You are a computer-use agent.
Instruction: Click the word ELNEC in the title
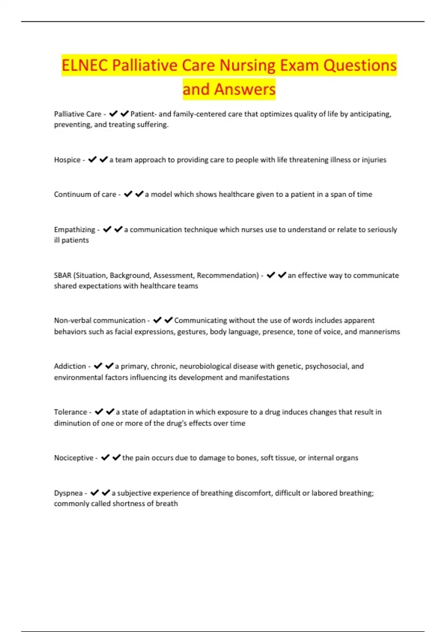click(x=85, y=65)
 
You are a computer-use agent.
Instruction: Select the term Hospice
click(x=67, y=160)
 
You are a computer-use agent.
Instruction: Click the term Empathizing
click(x=74, y=230)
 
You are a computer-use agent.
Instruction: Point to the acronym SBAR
click(x=62, y=275)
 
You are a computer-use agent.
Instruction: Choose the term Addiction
click(x=70, y=366)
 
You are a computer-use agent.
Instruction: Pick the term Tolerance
click(x=70, y=412)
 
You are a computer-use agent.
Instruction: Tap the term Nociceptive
click(x=74, y=458)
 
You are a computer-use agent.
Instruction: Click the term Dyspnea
click(x=68, y=493)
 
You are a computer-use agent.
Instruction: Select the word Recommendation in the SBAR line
click(x=227, y=275)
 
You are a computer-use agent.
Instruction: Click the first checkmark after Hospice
click(x=92, y=159)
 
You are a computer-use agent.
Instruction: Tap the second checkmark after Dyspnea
click(x=106, y=493)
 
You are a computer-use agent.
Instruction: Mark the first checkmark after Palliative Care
click(x=113, y=114)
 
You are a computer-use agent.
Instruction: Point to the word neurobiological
click(x=206, y=366)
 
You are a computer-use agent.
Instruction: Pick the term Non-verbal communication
click(x=100, y=320)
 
